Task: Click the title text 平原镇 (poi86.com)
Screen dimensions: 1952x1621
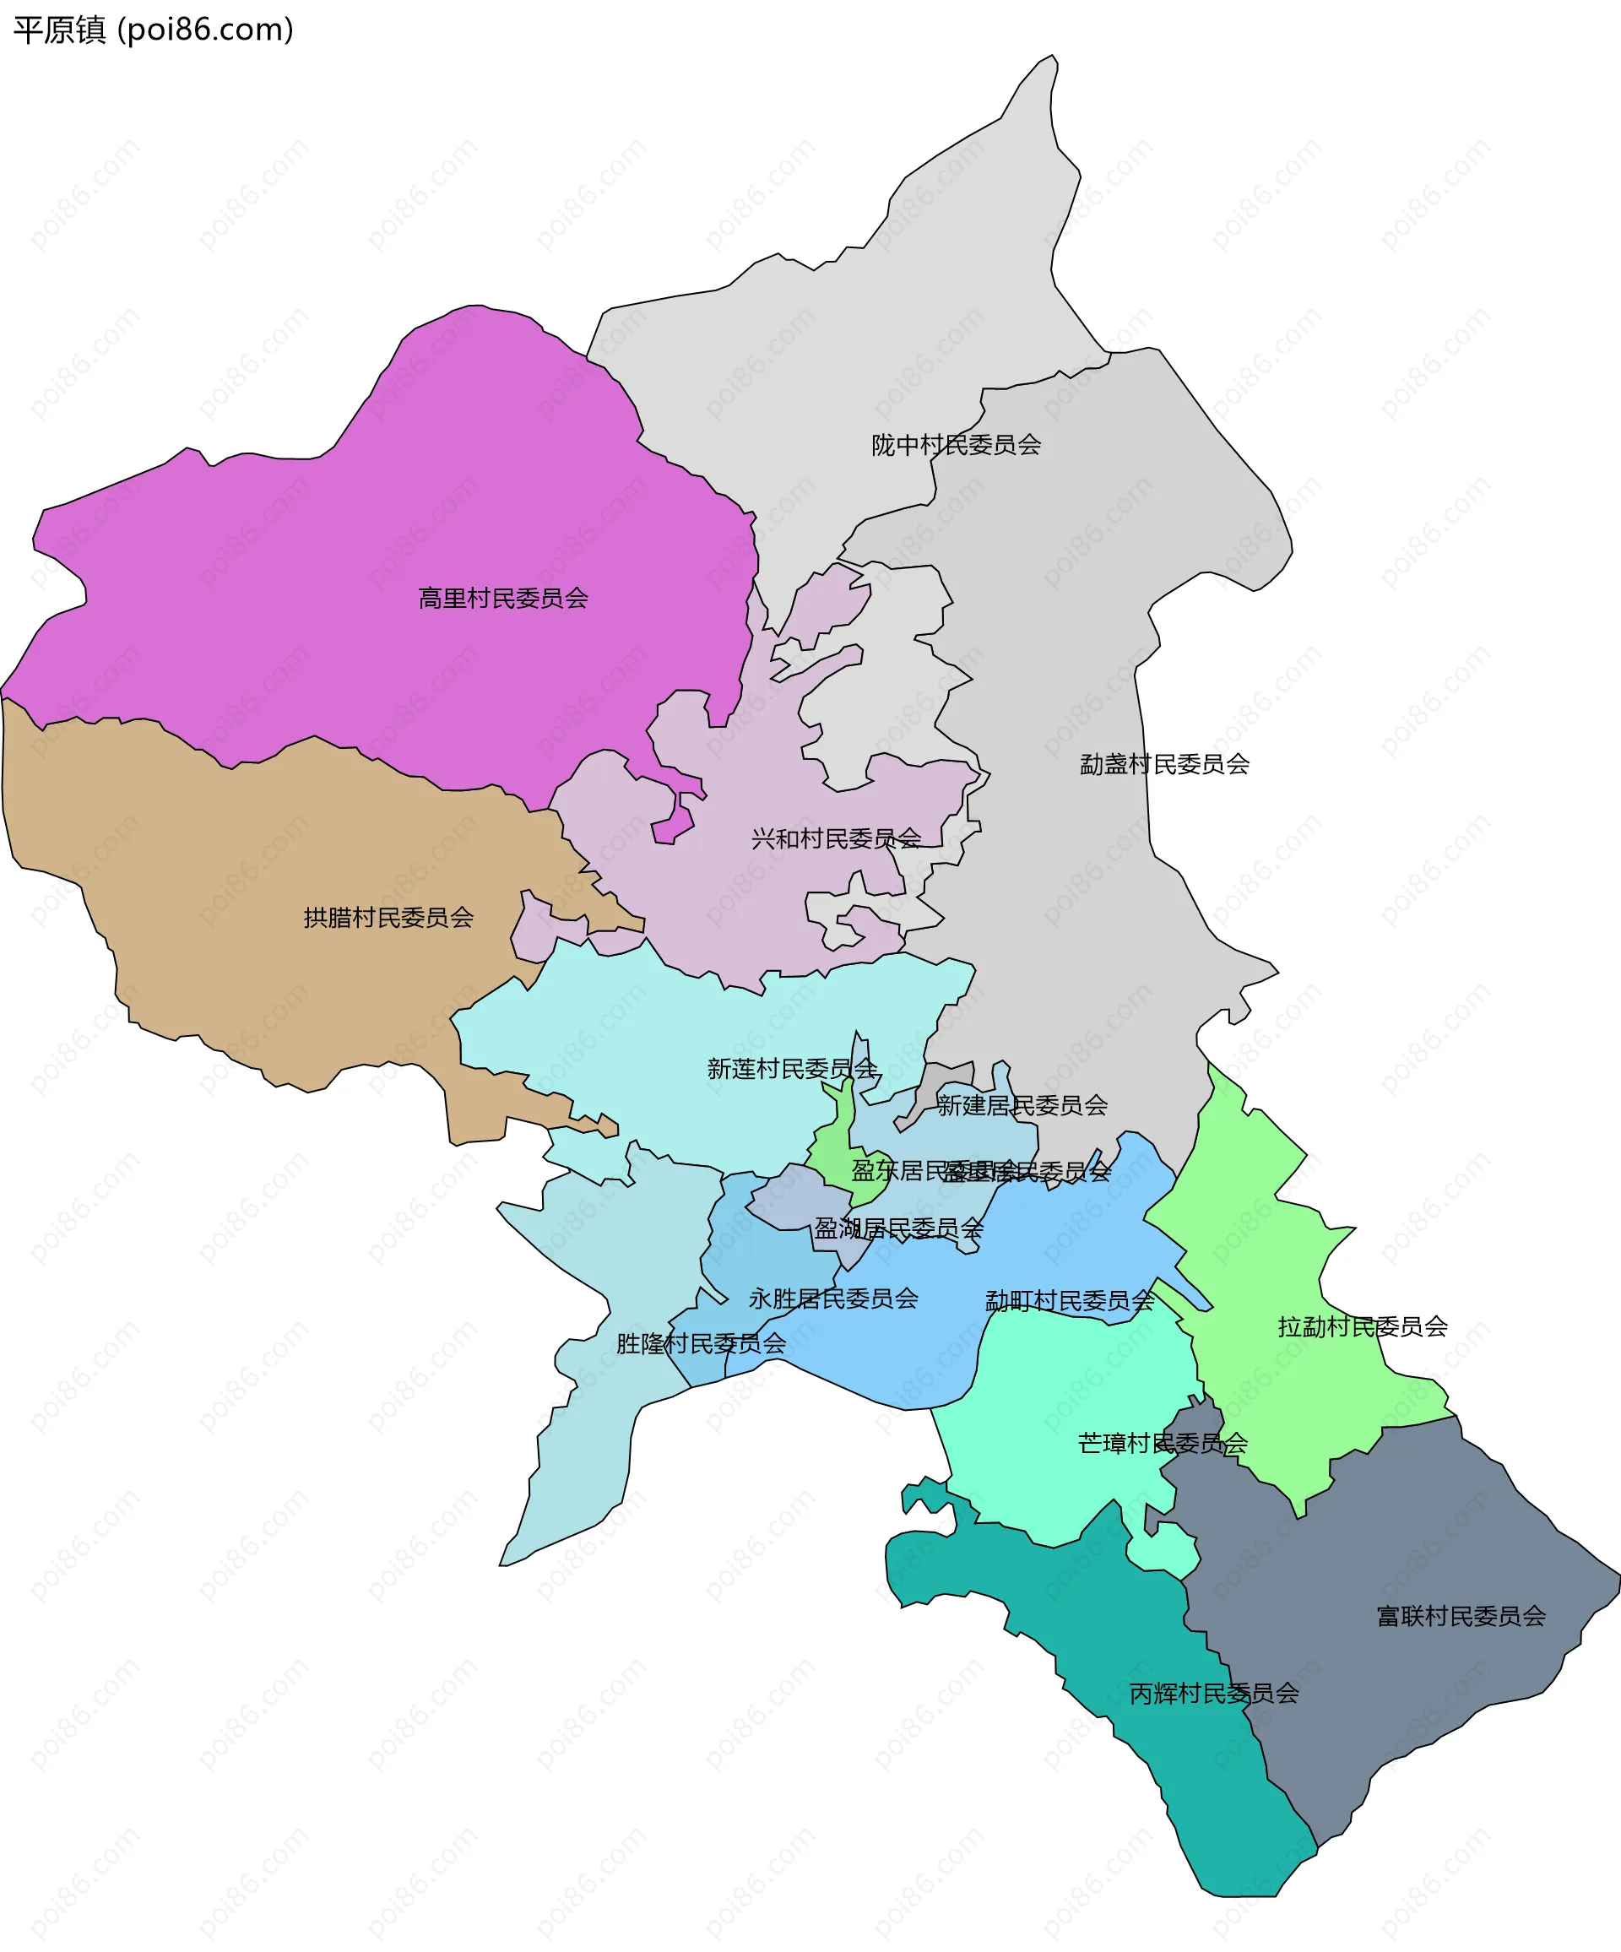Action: tap(154, 30)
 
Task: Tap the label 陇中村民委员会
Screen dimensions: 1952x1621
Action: tap(956, 445)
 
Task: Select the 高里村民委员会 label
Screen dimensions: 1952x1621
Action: tap(503, 599)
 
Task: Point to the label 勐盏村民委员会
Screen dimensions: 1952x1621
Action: tap(1163, 764)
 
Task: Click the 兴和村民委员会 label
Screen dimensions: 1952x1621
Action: tap(836, 839)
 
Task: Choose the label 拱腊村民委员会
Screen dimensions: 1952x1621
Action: tap(388, 919)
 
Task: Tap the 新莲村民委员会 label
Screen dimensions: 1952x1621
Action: tap(792, 1069)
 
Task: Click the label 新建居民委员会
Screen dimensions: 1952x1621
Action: tap(1022, 1105)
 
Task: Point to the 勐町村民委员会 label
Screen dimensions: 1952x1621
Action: tap(1069, 1300)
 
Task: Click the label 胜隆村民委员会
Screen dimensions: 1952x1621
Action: tap(701, 1343)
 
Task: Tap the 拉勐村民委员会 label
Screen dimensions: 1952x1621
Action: tap(1362, 1326)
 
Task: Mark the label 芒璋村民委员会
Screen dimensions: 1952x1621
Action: tap(1162, 1444)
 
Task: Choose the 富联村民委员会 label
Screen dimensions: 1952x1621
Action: tap(1461, 1617)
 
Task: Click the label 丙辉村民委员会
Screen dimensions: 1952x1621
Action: tap(1213, 1694)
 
